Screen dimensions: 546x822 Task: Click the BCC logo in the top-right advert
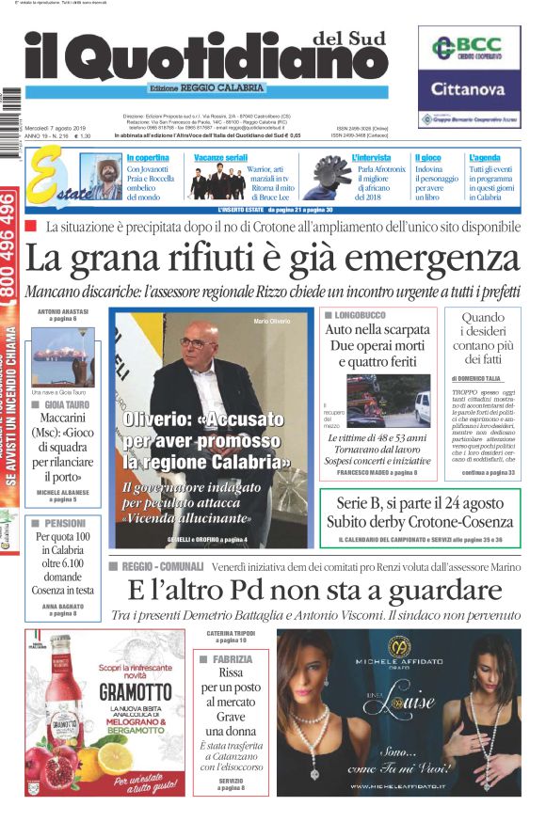pyautogui.click(x=475, y=47)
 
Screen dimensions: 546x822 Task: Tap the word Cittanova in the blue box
pyautogui.click(x=475, y=89)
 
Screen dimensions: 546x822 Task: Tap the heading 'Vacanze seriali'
pyautogui.click(x=221, y=157)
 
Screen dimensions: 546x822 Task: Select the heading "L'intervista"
pyautogui.click(x=371, y=157)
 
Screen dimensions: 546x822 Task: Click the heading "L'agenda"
pyautogui.click(x=484, y=157)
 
